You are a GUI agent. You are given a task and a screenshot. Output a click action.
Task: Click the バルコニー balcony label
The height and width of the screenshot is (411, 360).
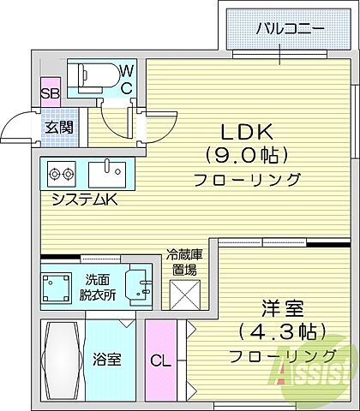point(290,28)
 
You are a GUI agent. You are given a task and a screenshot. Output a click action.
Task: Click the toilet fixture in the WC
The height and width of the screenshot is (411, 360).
point(91,77)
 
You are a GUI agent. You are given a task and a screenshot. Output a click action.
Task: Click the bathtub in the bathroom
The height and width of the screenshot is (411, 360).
point(63,359)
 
